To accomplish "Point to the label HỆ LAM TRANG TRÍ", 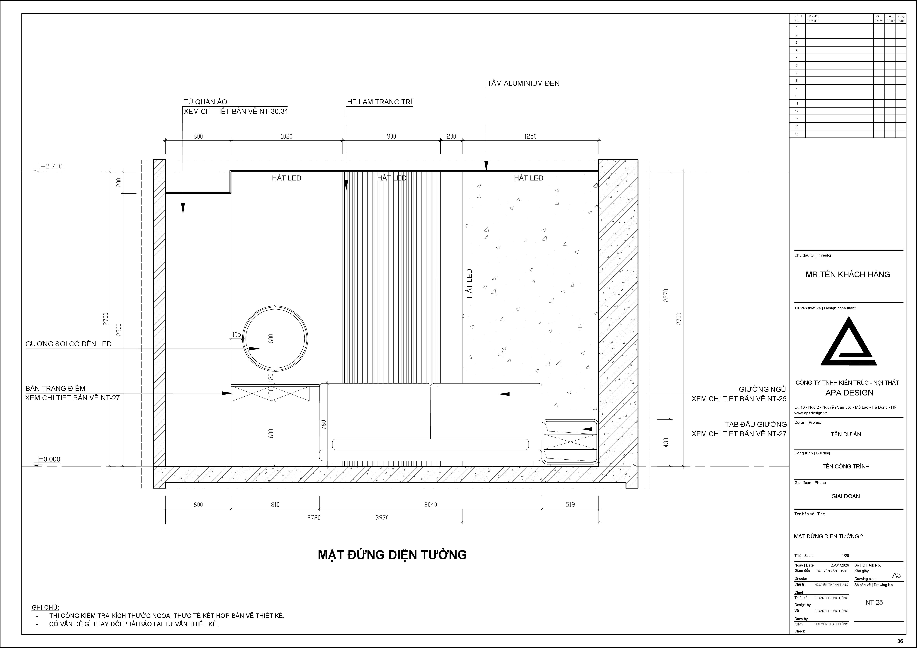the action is coord(380,102).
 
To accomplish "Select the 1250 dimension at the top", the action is coord(530,137).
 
